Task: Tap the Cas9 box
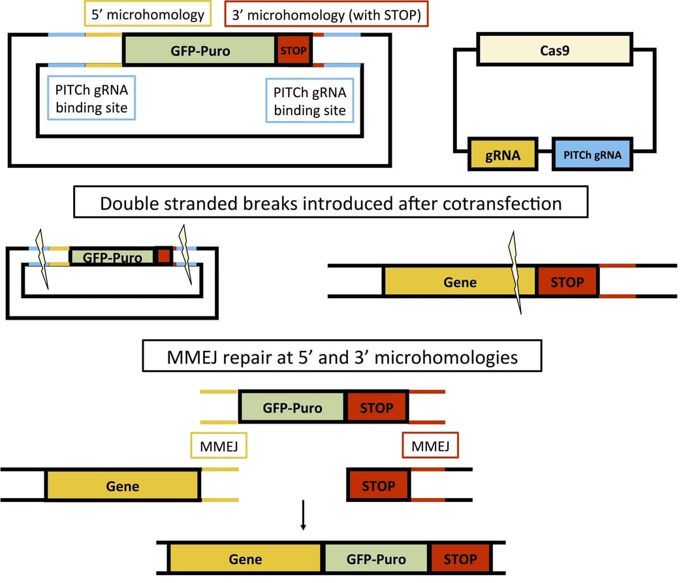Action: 554,50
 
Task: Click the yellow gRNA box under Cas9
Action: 503,156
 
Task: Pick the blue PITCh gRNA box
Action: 592,156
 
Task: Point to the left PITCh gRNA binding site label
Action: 91,97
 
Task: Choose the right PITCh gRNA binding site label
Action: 309,99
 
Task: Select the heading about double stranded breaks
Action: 330,203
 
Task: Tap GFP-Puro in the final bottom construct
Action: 375,559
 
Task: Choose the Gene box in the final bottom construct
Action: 245,559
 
